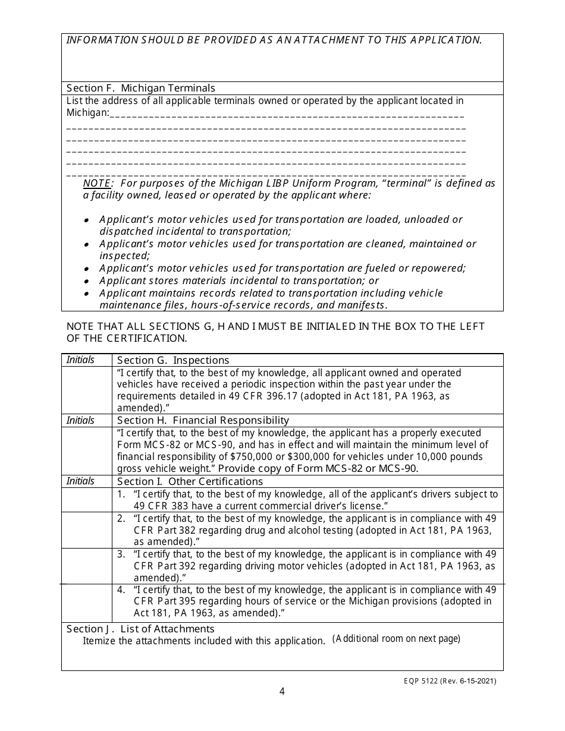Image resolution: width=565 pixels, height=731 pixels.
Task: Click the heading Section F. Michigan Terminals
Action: click(x=141, y=89)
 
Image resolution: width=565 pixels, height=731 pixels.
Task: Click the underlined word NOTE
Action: click(x=96, y=184)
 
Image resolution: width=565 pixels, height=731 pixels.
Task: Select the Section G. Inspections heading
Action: click(x=173, y=360)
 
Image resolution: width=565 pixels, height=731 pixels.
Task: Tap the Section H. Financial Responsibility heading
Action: click(x=203, y=421)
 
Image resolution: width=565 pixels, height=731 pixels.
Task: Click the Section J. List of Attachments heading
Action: click(x=140, y=629)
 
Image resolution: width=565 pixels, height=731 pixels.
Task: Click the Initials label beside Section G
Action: click(x=80, y=360)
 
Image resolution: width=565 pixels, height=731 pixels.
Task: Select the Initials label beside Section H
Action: click(x=80, y=421)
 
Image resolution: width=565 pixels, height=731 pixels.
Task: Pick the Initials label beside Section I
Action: click(x=80, y=481)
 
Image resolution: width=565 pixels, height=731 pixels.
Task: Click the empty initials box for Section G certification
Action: click(x=87, y=390)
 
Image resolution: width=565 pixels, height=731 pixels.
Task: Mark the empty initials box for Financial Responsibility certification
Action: click(x=87, y=451)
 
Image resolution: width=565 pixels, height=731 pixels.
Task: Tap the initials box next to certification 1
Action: click(x=87, y=500)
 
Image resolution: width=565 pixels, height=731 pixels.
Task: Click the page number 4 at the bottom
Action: click(x=282, y=691)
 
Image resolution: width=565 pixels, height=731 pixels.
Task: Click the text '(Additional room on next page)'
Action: click(x=396, y=639)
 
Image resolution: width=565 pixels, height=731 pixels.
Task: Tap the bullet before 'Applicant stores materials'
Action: click(x=87, y=281)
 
